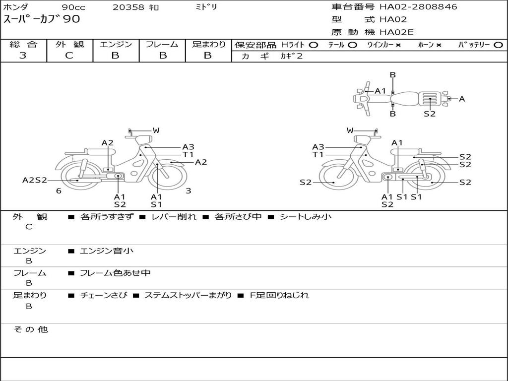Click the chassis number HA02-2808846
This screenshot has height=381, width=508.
pyautogui.click(x=418, y=7)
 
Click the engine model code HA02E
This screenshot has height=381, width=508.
pyautogui.click(x=396, y=32)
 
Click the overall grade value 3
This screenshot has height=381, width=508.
pyautogui.click(x=23, y=56)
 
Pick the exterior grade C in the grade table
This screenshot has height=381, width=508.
pyautogui.click(x=69, y=56)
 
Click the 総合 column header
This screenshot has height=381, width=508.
pyautogui.click(x=24, y=44)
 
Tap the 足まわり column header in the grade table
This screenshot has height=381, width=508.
pyautogui.click(x=208, y=44)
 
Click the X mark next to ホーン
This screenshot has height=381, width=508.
pyautogui.click(x=439, y=45)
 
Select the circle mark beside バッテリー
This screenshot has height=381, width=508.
pyautogui.click(x=498, y=45)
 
